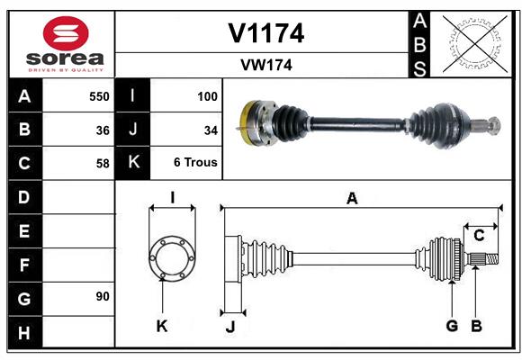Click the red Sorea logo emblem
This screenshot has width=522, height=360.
tap(66, 33)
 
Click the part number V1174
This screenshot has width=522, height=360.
tap(266, 33)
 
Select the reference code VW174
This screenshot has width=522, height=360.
tap(266, 65)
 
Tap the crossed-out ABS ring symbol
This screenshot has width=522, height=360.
tap(474, 43)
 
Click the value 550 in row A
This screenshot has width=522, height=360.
tap(99, 96)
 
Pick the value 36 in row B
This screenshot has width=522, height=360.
tap(103, 130)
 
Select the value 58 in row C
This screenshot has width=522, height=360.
tap(103, 164)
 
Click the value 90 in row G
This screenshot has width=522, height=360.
tap(103, 296)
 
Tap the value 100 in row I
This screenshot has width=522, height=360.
tap(207, 96)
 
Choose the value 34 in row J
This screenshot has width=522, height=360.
tap(211, 130)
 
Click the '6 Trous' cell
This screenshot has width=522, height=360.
tap(195, 162)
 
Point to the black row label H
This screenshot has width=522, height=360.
tap(25, 332)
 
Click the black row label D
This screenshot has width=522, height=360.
tap(25, 197)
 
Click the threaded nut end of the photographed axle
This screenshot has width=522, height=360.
tap(495, 126)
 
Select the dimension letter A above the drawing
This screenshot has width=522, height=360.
tap(352, 199)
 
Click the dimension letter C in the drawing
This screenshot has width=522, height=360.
tap(479, 236)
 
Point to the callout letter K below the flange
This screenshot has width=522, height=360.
tap(162, 327)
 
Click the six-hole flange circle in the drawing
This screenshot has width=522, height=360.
tap(172, 258)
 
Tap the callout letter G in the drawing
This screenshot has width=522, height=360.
tap(452, 326)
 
